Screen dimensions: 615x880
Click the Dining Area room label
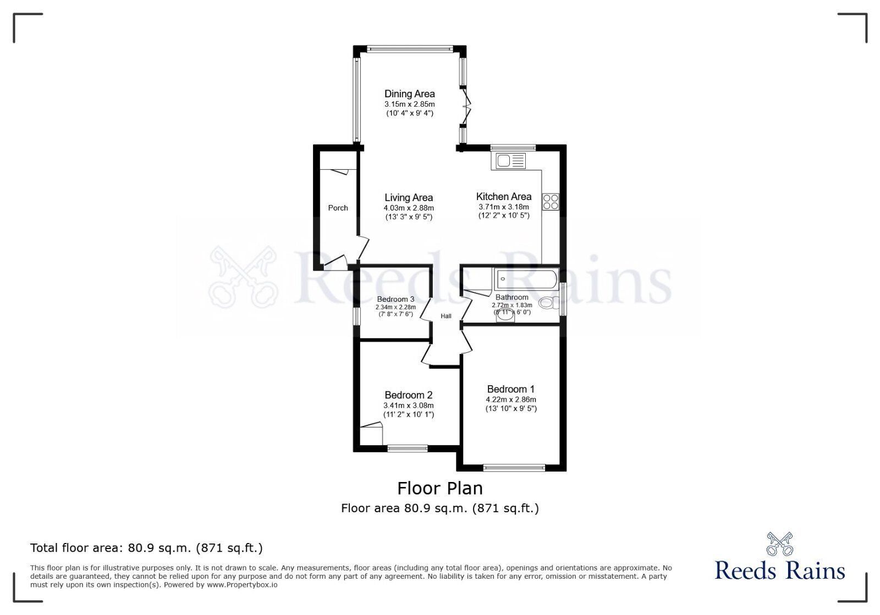pyautogui.click(x=409, y=94)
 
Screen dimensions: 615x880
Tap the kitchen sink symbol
pyautogui.click(x=511, y=161)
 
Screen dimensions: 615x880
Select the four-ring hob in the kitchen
pyautogui.click(x=551, y=202)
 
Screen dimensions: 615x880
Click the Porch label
pyautogui.click(x=338, y=208)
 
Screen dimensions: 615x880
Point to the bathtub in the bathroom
pyautogui.click(x=526, y=279)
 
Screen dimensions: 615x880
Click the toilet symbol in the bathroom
pyautogui.click(x=548, y=303)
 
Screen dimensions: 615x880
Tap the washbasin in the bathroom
pyautogui.click(x=505, y=315)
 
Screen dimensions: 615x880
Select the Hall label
pyautogui.click(x=446, y=316)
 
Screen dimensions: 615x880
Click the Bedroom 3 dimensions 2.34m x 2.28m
pyautogui.click(x=395, y=307)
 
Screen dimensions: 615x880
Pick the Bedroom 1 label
pyautogui.click(x=510, y=389)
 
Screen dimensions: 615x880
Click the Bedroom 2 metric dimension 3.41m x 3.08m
pyautogui.click(x=408, y=406)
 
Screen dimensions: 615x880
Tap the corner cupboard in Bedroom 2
pyautogui.click(x=372, y=433)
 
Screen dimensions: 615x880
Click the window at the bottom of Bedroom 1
pyautogui.click(x=514, y=468)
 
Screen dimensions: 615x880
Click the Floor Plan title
pyautogui.click(x=440, y=488)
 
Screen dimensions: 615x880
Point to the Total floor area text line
pyautogui.click(x=146, y=548)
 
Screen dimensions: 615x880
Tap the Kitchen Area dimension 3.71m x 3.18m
pyautogui.click(x=503, y=207)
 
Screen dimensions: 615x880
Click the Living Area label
pyautogui.click(x=408, y=198)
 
